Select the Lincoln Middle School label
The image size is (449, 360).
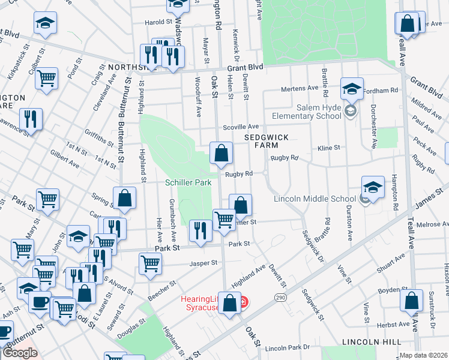[x=315, y=199]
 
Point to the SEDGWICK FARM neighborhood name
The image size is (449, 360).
[x=267, y=142]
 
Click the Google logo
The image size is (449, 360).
[x=20, y=353]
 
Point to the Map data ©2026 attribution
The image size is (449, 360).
[x=423, y=355]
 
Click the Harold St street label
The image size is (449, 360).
[x=158, y=22]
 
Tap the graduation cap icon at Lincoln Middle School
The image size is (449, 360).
[x=373, y=187]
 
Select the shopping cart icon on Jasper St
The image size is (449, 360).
[x=150, y=263]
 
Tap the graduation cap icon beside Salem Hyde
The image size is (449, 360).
[x=351, y=89]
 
